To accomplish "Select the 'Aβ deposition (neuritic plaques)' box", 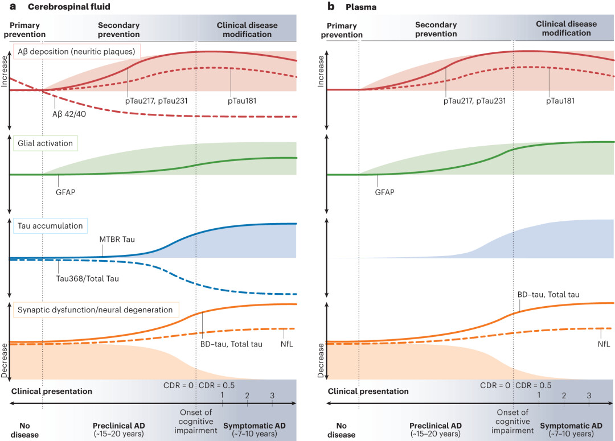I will tap(77, 52).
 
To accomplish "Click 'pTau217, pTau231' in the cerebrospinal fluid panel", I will tap(156, 100).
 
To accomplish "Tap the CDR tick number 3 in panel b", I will tap(589, 395).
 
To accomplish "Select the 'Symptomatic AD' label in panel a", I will tap(253, 425).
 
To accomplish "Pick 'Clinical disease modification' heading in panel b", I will tap(567, 29).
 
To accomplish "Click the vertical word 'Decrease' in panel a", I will tap(5, 362).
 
